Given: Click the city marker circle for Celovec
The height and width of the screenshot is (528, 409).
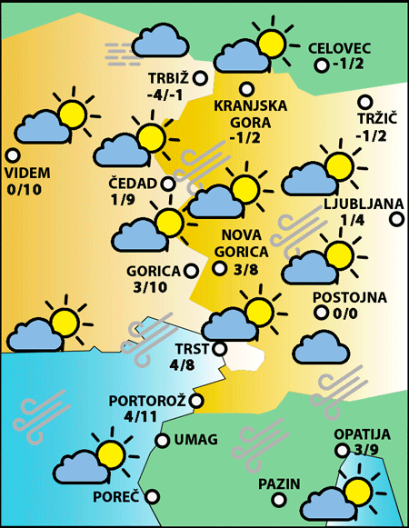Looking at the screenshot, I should pos(321,65).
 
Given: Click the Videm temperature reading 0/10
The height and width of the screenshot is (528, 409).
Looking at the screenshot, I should pos(24,190).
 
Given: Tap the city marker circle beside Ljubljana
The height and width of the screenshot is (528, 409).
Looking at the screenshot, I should pos(396,219).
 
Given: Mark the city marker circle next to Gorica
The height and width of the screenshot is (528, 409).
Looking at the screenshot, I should pos(190,270).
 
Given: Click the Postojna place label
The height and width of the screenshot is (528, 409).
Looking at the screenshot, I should pos(350,297).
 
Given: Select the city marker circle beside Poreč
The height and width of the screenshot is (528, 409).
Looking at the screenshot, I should pos(152,496).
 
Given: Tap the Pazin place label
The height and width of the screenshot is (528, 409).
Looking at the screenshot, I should pos(278,483).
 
